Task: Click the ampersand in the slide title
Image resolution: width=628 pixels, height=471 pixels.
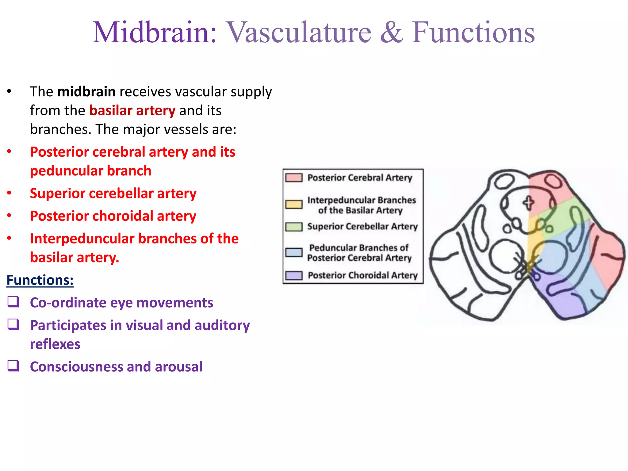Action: [x=392, y=32]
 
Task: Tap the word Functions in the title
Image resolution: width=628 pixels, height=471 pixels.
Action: [x=473, y=32]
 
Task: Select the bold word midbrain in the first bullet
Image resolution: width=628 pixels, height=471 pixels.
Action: [x=86, y=92]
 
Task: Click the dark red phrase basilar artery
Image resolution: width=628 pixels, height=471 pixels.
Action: [x=132, y=110]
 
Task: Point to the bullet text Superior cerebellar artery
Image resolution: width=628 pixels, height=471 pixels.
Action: [x=113, y=193]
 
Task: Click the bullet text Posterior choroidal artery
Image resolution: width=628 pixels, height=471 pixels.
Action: [x=113, y=216]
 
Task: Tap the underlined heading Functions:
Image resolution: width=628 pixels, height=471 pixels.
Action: [x=40, y=280]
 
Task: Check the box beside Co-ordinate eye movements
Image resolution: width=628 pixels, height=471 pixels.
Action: [x=13, y=302]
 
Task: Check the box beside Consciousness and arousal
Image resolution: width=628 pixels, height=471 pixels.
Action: [x=13, y=366]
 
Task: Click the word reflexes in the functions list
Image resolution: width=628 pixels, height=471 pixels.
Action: [x=55, y=344]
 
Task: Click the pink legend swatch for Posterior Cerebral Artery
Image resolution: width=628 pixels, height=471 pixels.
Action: [x=294, y=178]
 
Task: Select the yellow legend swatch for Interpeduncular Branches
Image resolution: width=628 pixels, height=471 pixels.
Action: [x=294, y=205]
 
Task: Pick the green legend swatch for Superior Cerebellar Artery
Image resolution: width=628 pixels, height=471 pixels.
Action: [x=294, y=227]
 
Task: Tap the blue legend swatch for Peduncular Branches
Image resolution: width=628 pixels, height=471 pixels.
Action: [x=294, y=252]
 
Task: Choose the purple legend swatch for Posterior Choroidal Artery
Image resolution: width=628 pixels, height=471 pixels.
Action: [x=294, y=275]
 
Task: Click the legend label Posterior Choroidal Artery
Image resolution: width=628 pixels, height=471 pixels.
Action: [x=362, y=275]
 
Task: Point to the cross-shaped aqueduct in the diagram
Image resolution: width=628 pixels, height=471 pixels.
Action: [x=528, y=203]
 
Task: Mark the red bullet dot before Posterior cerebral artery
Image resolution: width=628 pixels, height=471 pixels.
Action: [x=9, y=151]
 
